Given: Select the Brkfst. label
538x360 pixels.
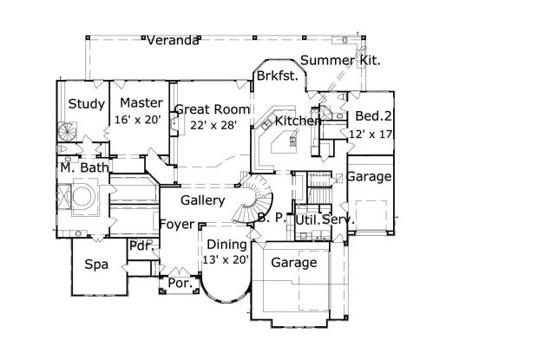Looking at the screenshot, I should pyautogui.click(x=278, y=76).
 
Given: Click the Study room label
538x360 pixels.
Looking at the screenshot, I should pyautogui.click(x=87, y=104).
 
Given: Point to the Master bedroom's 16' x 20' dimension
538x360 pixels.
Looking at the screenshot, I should pyautogui.click(x=138, y=121).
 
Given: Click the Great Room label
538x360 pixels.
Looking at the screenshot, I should pyautogui.click(x=213, y=109).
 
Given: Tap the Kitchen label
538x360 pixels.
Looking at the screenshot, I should pyautogui.click(x=299, y=121).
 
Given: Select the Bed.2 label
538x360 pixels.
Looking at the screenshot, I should pyautogui.click(x=370, y=117).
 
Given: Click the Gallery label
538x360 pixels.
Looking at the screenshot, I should pyautogui.click(x=203, y=200).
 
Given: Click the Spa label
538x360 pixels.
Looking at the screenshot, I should pyautogui.click(x=95, y=265).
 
